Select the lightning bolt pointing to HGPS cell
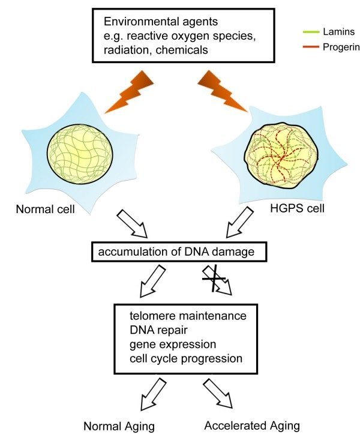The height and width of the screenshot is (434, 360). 223,91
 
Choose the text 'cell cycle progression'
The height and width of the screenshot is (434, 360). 185,359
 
